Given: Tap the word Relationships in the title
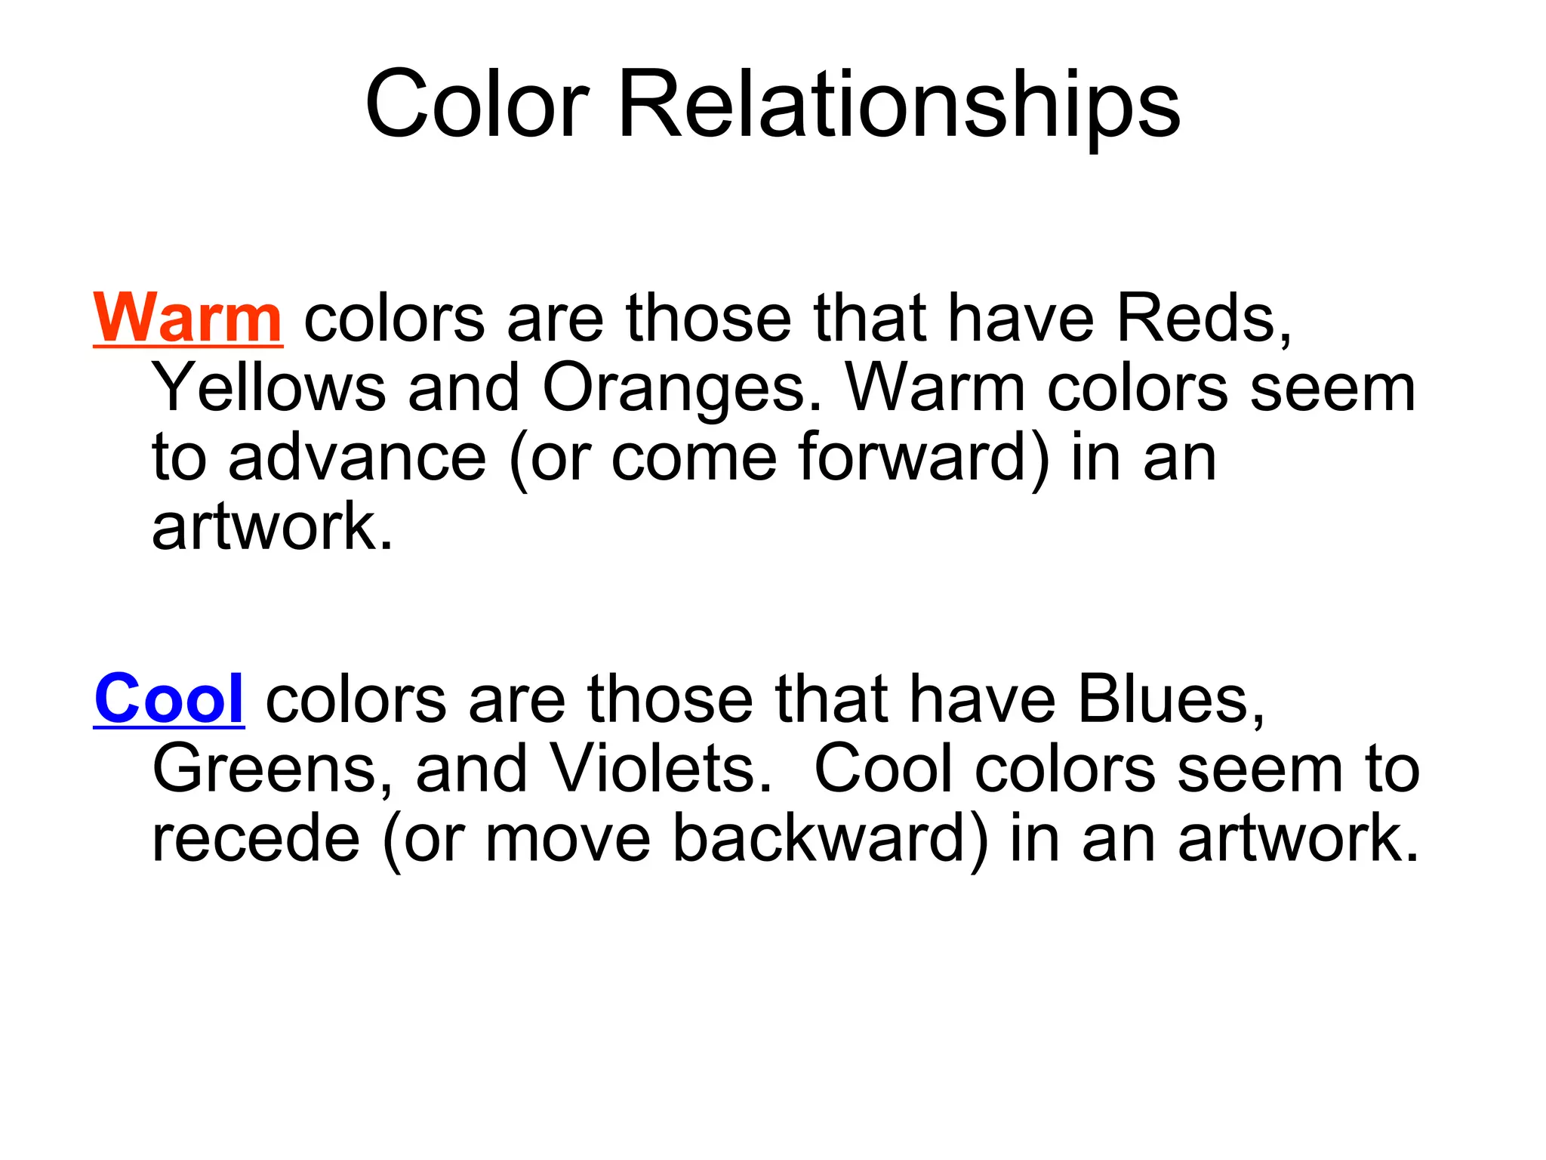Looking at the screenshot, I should (x=898, y=105).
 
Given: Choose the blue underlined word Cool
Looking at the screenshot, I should (x=169, y=699).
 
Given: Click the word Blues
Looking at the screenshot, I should (x=1171, y=699).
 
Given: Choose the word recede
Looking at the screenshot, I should (x=256, y=838).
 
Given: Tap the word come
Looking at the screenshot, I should (x=694, y=458).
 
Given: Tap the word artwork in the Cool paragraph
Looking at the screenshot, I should (x=1298, y=838).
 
